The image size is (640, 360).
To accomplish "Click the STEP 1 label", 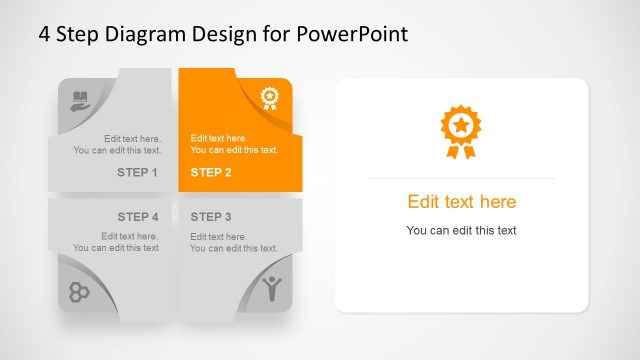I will point(138,173).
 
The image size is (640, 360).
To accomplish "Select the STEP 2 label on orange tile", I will point(211,173).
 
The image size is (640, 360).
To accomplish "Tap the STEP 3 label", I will point(211,217).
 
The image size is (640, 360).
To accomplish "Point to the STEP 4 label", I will point(138,217).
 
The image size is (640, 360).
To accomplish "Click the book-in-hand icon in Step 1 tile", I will point(80,100).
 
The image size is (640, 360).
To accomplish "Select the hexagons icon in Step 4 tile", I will point(79,291).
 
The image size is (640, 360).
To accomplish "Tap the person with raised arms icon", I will point(271,289).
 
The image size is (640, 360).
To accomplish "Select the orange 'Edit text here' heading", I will point(461,202).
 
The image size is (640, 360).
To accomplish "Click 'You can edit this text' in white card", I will point(461,231).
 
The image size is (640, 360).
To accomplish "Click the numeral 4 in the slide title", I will point(45,34).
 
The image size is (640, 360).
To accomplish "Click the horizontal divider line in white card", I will point(461,178).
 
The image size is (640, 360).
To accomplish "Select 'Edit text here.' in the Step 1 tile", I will point(132,138).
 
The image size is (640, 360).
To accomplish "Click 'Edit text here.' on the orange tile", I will point(219,138).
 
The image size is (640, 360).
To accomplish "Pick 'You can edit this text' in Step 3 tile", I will point(234,248).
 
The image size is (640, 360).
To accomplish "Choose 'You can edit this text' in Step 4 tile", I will point(116,248).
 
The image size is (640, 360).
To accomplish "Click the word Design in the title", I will point(224,34).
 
